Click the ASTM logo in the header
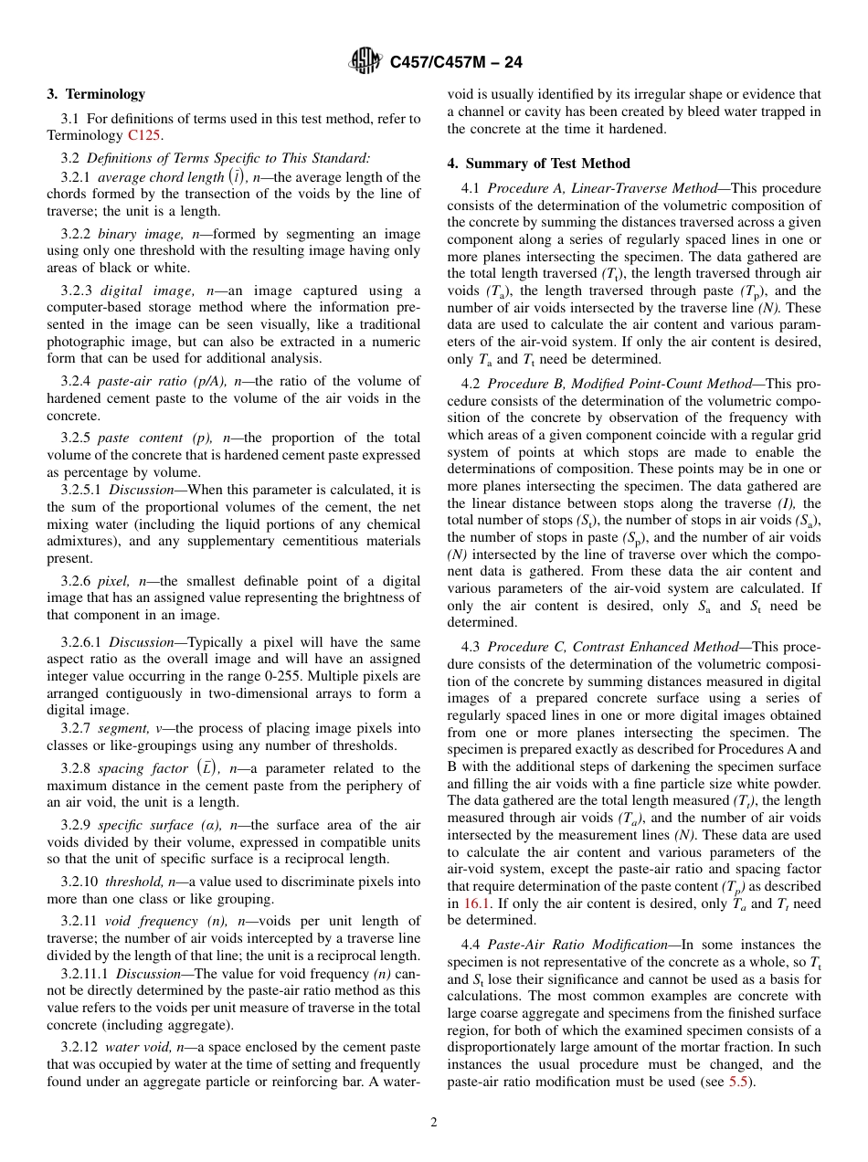click(x=365, y=61)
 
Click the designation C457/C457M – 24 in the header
click(x=456, y=62)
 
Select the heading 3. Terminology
click(x=96, y=94)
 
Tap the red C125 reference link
click(x=144, y=135)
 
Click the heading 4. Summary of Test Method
click(x=538, y=164)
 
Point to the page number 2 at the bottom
click(x=434, y=1123)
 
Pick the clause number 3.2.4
click(x=76, y=381)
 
